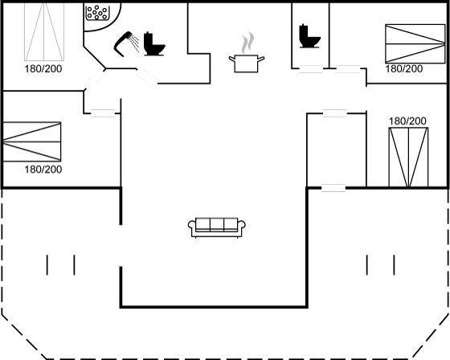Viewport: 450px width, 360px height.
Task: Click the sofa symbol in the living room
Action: click(217, 227)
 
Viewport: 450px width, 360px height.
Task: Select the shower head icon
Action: click(126, 44)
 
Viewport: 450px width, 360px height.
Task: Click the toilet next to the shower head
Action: click(153, 44)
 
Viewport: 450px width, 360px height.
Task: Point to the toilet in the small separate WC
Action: click(309, 36)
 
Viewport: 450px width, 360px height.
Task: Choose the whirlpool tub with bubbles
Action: click(97, 12)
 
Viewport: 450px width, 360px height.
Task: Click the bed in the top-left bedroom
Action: click(44, 31)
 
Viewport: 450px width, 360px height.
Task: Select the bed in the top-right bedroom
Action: click(415, 43)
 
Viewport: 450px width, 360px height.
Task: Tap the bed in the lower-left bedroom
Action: click(31, 141)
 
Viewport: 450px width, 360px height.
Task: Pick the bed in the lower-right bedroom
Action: click(408, 157)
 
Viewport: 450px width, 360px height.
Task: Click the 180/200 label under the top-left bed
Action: click(43, 69)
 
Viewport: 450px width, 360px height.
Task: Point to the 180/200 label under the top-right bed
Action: click(403, 69)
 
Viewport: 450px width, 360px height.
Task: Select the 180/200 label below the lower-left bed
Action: click(43, 170)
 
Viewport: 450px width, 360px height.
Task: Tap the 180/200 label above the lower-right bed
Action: click(407, 121)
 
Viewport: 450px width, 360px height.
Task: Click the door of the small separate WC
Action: click(311, 69)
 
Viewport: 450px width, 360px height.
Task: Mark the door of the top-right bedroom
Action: click(348, 69)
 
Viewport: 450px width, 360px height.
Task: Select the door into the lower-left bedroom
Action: click(103, 113)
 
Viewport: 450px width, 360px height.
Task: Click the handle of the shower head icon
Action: click(121, 46)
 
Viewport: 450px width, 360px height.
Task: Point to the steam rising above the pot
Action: click(247, 43)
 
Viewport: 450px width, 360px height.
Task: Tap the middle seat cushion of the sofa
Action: click(217, 225)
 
